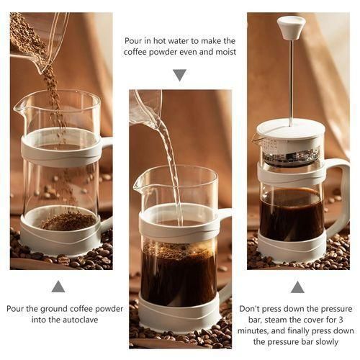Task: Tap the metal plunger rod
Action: (x=291, y=79)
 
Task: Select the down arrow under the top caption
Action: (x=179, y=75)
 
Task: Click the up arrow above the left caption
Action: (x=58, y=287)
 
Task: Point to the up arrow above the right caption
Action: (x=297, y=287)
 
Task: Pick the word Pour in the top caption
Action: (x=134, y=40)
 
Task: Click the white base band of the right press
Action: (x=291, y=248)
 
